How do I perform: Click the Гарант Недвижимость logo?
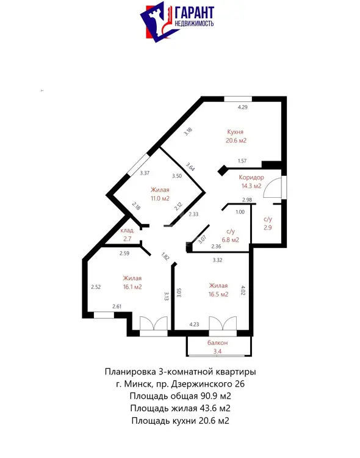tap(177, 21)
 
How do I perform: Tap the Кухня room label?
tap(235, 132)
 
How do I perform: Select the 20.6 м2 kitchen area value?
tap(236, 140)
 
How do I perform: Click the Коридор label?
tap(251, 177)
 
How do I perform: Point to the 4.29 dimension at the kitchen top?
tap(242, 107)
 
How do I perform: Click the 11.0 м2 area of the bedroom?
tap(160, 198)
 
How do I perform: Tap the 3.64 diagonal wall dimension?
tap(190, 167)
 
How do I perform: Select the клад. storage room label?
tap(128, 230)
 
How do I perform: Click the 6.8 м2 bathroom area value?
tap(231, 240)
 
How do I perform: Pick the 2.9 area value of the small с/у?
tap(267, 228)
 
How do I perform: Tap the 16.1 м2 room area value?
tap(132, 287)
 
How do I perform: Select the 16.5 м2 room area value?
tap(218, 294)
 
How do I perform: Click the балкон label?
tap(217, 343)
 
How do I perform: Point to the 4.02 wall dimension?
tap(243, 290)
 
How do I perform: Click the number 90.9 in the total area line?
tap(209, 396)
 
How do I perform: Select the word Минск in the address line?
tap(138, 383)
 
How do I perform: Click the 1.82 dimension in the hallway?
tap(165, 256)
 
